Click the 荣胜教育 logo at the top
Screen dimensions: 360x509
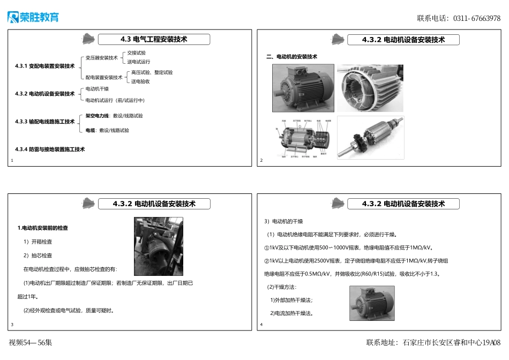pyautogui.click(x=33, y=17)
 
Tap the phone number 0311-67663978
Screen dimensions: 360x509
pyautogui.click(x=477, y=18)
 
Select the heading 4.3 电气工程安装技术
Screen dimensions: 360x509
pyautogui.click(x=154, y=39)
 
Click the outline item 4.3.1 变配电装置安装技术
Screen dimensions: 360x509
pyautogui.click(x=45, y=66)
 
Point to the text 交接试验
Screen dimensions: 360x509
pyautogui.click(x=137, y=53)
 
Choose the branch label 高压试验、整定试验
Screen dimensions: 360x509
pyautogui.click(x=152, y=72)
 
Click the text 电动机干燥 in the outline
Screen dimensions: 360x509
pyautogui.click(x=97, y=89)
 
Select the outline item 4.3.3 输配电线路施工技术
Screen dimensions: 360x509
pyautogui.click(x=45, y=122)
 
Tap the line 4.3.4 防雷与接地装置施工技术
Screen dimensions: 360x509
pyautogui.click(x=50, y=149)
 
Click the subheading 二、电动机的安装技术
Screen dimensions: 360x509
pyautogui.click(x=292, y=57)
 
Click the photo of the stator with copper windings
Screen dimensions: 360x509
pyautogui.click(x=370, y=88)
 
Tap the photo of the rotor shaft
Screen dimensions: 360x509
pyautogui.click(x=371, y=138)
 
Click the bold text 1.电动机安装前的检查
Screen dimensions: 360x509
pyautogui.click(x=43, y=228)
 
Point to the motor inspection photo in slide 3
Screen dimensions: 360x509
pyautogui.click(x=158, y=246)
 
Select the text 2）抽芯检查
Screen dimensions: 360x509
pyautogui.click(x=38, y=256)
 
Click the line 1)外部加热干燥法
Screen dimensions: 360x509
pyautogui.click(x=291, y=300)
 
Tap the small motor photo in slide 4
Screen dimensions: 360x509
pyautogui.click(x=372, y=303)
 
